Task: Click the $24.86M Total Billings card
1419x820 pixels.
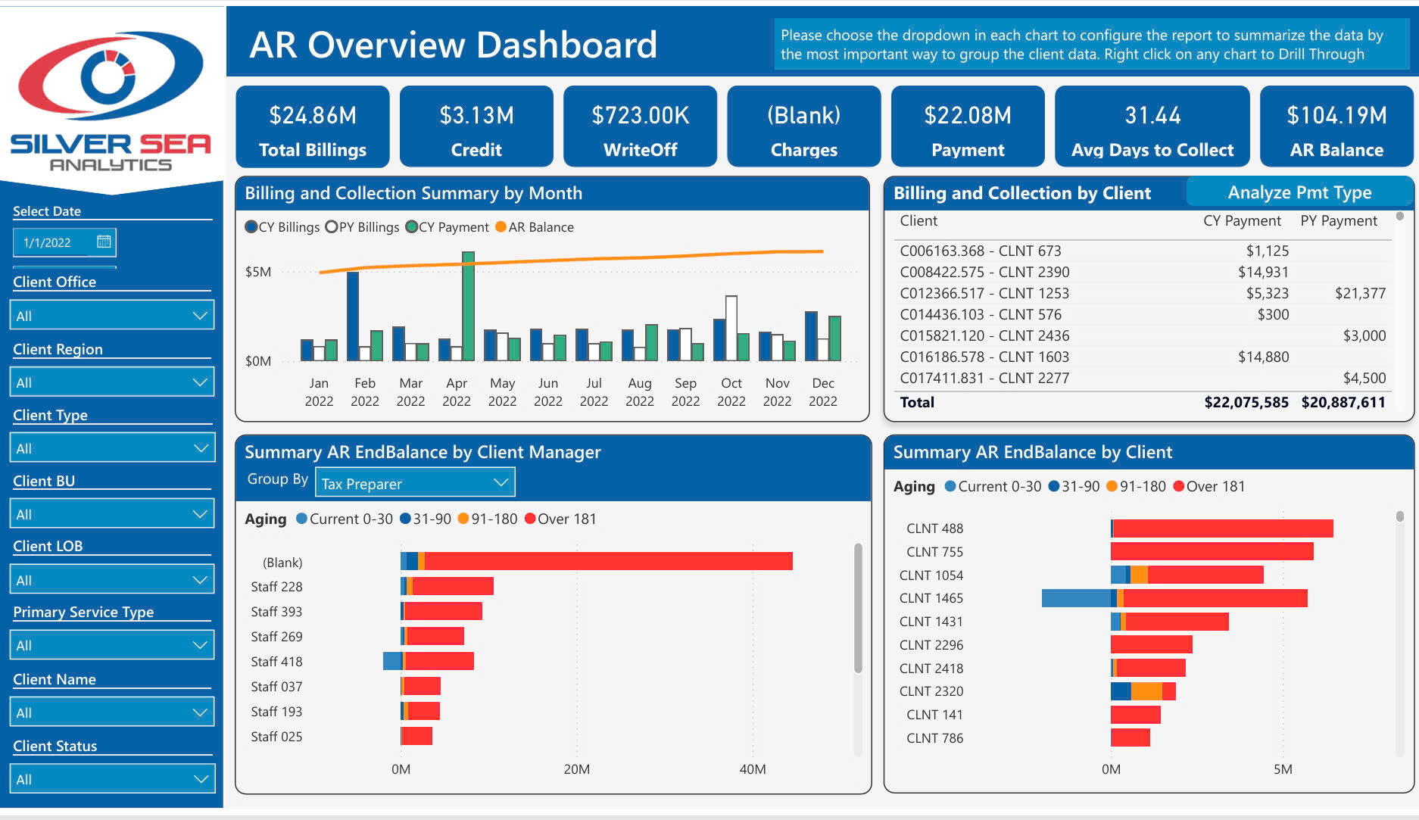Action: click(312, 126)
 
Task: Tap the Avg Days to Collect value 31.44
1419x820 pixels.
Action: click(1152, 115)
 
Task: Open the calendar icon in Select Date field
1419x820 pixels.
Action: click(104, 242)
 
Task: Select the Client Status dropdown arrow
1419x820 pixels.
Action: click(201, 778)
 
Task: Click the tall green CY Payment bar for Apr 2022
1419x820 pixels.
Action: click(468, 307)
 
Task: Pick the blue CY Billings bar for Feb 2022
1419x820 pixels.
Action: click(353, 316)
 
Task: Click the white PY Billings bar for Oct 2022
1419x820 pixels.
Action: click(731, 328)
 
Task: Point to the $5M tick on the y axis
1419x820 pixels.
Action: click(257, 272)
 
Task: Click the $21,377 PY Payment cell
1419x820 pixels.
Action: click(1360, 293)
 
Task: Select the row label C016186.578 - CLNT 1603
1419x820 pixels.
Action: click(984, 357)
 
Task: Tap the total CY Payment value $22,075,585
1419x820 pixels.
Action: click(1246, 402)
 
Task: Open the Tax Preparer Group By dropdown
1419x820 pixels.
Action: click(414, 483)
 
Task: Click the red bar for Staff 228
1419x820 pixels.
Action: click(453, 586)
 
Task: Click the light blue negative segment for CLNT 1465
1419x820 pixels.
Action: click(1075, 598)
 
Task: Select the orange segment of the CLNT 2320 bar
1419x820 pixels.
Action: click(1146, 691)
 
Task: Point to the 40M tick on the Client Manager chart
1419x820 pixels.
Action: click(752, 769)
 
